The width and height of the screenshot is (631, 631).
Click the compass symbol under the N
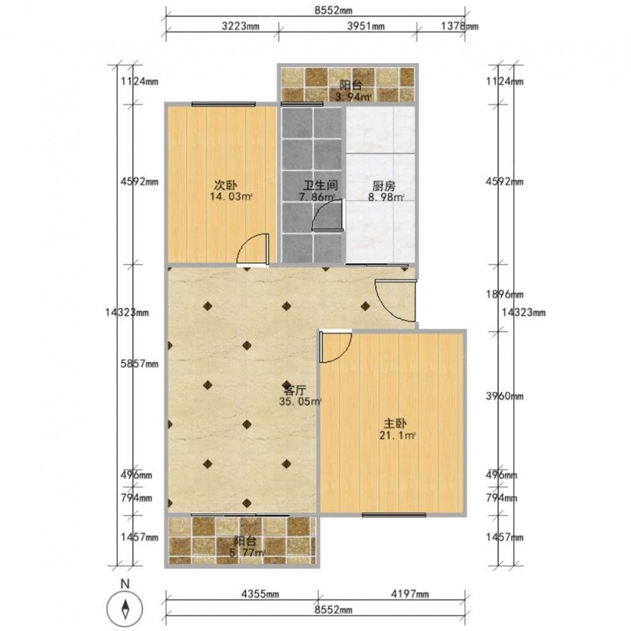click(x=125, y=607)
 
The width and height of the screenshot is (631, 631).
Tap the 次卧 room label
click(x=225, y=186)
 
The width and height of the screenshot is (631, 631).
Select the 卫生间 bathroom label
click(x=320, y=186)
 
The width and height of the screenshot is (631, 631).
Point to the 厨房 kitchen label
click(x=384, y=186)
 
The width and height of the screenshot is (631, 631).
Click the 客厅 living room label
click(x=294, y=390)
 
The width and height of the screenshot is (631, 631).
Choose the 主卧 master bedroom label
click(x=395, y=423)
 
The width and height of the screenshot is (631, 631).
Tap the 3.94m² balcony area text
click(x=353, y=97)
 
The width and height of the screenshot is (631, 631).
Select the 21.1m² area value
click(x=397, y=435)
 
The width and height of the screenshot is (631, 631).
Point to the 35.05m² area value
click(x=300, y=401)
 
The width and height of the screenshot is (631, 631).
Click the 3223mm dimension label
click(x=240, y=27)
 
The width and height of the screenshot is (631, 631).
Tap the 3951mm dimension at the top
click(x=365, y=27)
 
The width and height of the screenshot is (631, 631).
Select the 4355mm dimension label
click(x=260, y=594)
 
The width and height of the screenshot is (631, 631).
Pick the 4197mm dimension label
click(x=410, y=594)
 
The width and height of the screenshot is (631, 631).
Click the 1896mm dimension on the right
click(x=505, y=294)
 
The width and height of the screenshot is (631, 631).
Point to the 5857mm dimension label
click(x=139, y=364)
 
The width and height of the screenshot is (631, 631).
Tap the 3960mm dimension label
click(x=505, y=396)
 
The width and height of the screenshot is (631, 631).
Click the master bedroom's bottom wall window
click(x=394, y=515)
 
